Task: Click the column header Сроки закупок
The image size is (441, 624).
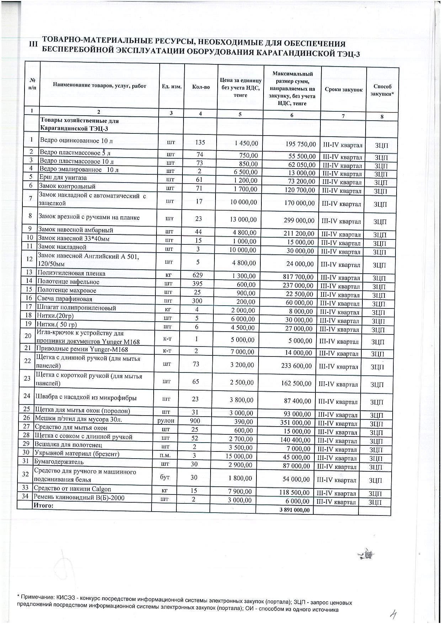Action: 344,90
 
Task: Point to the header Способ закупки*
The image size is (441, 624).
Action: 382,90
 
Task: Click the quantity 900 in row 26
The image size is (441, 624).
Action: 195,421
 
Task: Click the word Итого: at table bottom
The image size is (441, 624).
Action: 43,505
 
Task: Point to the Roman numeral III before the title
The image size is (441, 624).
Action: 33,44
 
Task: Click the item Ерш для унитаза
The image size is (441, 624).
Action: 63,178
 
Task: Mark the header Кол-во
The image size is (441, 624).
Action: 201,86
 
